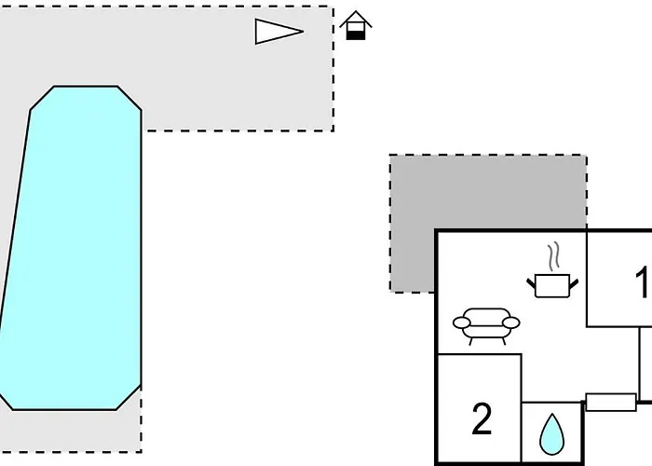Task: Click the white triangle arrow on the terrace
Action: pyautogui.click(x=275, y=32)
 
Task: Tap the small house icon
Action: pyautogui.click(x=355, y=25)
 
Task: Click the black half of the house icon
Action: pyautogui.click(x=355, y=34)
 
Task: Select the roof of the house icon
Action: pyautogui.click(x=355, y=17)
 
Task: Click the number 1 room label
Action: pyautogui.click(x=642, y=281)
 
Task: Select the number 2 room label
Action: pyautogui.click(x=482, y=420)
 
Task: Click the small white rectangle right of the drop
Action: pyautogui.click(x=610, y=403)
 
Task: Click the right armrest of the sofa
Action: pyautogui.click(x=510, y=322)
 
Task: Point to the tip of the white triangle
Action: pyautogui.click(x=303, y=32)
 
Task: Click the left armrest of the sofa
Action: pyautogui.click(x=463, y=323)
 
